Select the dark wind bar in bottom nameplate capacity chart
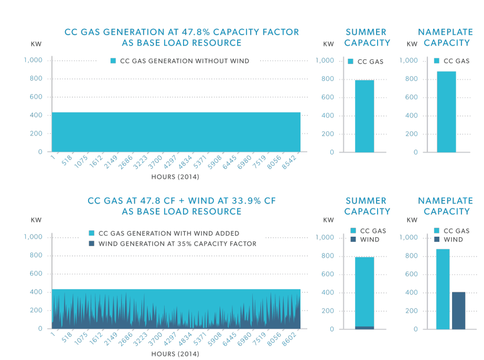[458, 311]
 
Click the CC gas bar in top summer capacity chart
[364, 116]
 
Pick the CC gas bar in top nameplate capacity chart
[446, 112]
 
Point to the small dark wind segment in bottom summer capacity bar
[364, 327]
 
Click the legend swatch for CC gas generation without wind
[113, 61]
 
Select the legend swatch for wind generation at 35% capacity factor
[91, 243]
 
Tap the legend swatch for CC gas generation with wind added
[91, 233]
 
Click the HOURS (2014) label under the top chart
[175, 177]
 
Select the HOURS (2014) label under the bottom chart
[175, 354]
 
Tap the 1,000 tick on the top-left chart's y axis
[33, 60]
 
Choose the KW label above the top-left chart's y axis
[36, 44]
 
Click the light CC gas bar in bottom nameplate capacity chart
[443, 289]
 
